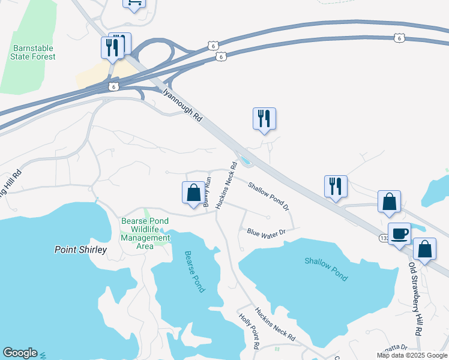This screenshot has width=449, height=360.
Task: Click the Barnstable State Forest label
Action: [33, 52]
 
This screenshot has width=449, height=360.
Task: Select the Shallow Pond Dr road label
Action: [269, 196]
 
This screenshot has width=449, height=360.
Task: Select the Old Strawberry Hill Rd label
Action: [415, 298]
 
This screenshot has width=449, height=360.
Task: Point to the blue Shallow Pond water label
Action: [325, 269]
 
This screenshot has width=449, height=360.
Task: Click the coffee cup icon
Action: [399, 234]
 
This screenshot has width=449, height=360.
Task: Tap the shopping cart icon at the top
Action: [134, 3]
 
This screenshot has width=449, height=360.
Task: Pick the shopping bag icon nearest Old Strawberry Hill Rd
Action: [424, 249]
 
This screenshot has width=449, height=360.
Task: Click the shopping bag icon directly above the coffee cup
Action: [389, 202]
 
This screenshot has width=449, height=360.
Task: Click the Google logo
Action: [20, 353]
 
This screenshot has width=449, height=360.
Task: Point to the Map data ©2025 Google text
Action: [412, 355]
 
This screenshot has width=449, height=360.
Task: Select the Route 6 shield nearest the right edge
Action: [400, 38]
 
